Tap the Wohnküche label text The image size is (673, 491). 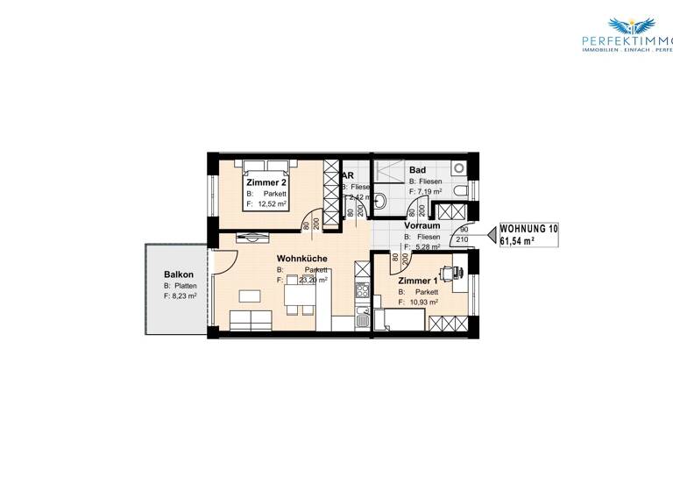[301, 259]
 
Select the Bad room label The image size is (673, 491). [417, 170]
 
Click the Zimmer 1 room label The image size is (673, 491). [416, 281]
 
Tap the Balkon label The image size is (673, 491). [178, 274]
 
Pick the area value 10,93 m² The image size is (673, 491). [422, 302]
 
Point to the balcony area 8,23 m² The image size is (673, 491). [182, 296]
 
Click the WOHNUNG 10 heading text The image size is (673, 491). [528, 228]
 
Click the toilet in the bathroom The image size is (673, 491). [380, 201]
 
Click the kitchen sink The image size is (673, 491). [359, 318]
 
